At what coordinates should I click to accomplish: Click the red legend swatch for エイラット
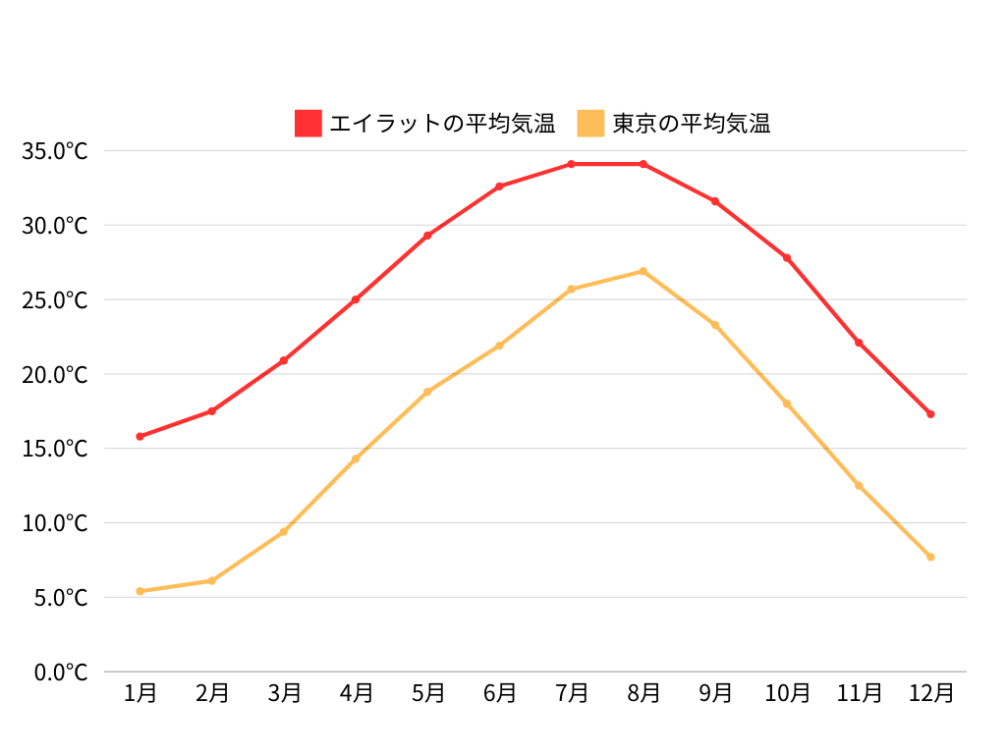click(x=307, y=124)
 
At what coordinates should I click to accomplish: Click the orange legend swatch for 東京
click(x=590, y=124)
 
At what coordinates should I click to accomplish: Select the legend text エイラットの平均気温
click(x=442, y=124)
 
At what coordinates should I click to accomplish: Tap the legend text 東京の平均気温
click(x=691, y=124)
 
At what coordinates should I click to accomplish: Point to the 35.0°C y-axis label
click(x=55, y=151)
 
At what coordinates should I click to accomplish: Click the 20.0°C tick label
click(x=55, y=374)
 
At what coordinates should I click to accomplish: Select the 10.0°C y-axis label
click(x=55, y=523)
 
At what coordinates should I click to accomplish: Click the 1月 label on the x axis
click(x=140, y=693)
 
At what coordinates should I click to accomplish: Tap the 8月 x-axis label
click(x=643, y=693)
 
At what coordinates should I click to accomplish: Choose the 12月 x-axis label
click(x=930, y=693)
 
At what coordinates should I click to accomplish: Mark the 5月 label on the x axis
click(x=427, y=693)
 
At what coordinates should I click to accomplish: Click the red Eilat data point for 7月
click(x=571, y=164)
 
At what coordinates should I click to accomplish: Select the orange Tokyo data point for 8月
click(x=643, y=271)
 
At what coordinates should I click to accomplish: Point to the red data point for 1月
click(x=140, y=436)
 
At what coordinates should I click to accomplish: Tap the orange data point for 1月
click(x=140, y=591)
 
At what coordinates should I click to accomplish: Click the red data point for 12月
click(x=930, y=414)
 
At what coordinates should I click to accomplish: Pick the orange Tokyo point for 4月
click(x=356, y=458)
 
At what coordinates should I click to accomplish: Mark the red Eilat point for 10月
click(x=787, y=257)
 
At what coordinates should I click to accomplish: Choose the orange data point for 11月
click(x=859, y=485)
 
